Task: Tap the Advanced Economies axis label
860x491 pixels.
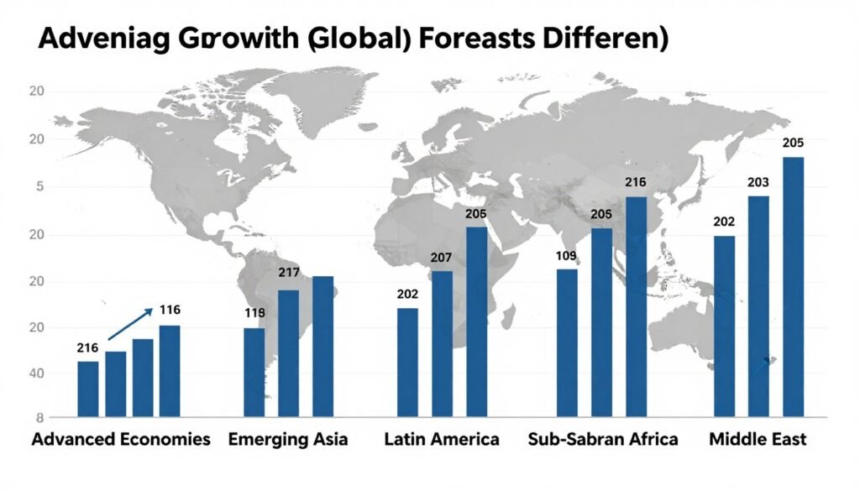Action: tap(121, 439)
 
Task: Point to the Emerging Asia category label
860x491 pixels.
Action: tap(288, 439)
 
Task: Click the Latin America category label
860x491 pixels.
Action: tap(442, 439)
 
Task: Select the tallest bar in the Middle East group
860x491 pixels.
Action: tap(793, 286)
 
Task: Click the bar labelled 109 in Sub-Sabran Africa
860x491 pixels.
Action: tap(567, 342)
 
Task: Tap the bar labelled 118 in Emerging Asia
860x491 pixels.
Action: tap(254, 372)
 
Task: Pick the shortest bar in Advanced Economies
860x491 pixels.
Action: tap(88, 389)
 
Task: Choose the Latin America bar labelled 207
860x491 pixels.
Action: tap(442, 343)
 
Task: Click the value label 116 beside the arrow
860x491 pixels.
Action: tap(170, 311)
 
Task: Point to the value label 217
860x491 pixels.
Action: tap(288, 273)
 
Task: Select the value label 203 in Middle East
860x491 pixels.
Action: tap(758, 181)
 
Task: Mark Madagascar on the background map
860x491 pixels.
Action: tap(507, 316)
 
